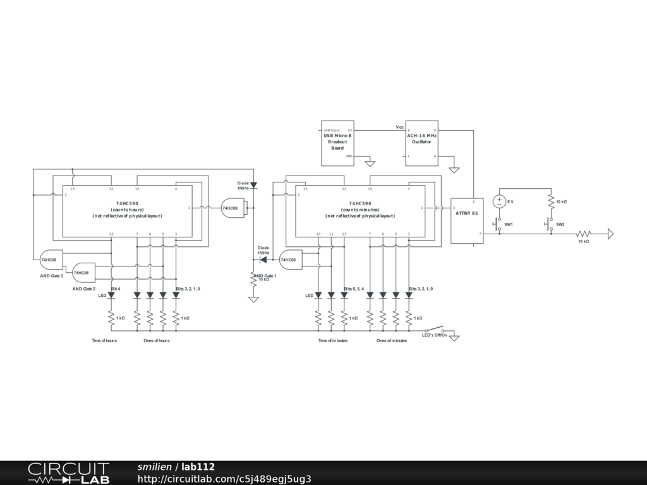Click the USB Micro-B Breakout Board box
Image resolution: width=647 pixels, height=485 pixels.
pyautogui.click(x=337, y=143)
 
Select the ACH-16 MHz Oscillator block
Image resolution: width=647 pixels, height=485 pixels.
pyautogui.click(x=421, y=143)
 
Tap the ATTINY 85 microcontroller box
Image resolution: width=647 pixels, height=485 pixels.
pyautogui.click(x=466, y=220)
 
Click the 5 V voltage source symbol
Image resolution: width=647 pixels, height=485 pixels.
pyautogui.click(x=499, y=201)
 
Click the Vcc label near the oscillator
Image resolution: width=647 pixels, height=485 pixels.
pyautogui.click(x=400, y=128)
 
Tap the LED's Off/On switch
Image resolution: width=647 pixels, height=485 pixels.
pyautogui.click(x=434, y=330)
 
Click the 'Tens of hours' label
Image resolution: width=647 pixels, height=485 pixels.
pyautogui.click(x=104, y=341)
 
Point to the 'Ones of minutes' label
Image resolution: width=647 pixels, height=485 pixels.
pyautogui.click(x=392, y=341)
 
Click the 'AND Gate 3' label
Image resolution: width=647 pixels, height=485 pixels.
pyautogui.click(x=52, y=276)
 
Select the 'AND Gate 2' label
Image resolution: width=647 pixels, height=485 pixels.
pyautogui.click(x=84, y=289)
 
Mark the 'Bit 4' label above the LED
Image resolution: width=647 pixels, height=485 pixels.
pyautogui.click(x=116, y=289)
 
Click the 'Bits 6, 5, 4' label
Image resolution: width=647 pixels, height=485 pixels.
pyautogui.click(x=354, y=289)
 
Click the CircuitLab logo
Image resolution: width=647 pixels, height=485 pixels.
pyautogui.click(x=68, y=473)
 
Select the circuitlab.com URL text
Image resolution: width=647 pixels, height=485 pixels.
pyautogui.click(x=224, y=479)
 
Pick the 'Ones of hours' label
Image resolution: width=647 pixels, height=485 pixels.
pyautogui.click(x=157, y=341)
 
